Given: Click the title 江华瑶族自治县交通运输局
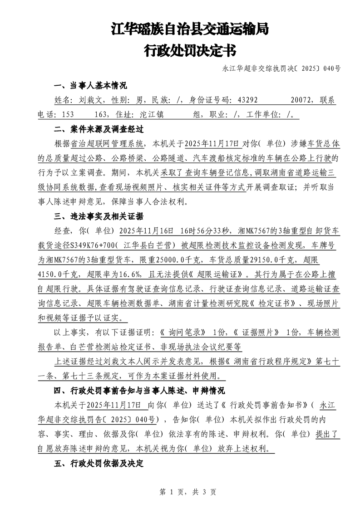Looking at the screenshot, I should pos(190,30).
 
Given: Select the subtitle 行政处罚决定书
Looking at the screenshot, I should pos(190,50).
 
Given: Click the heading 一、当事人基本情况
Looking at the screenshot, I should pos(90,86).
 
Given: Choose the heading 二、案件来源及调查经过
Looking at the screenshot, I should pos(99,129).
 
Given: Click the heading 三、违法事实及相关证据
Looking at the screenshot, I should pos(99,215).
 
